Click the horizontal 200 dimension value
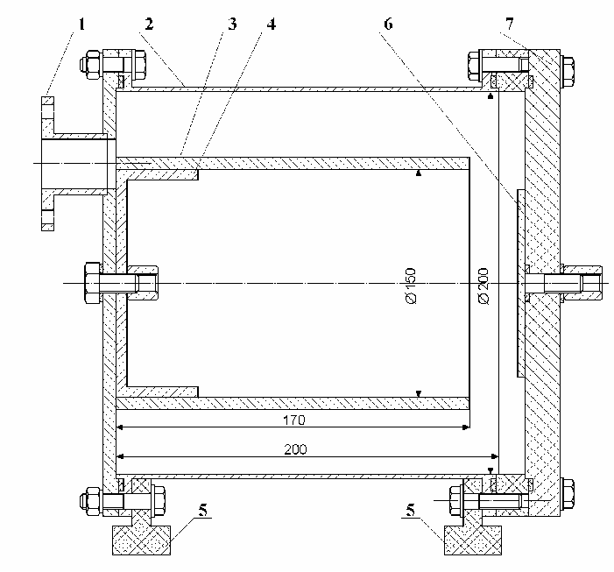[x=294, y=448]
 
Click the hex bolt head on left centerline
[x=89, y=283]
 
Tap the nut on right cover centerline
[x=593, y=283]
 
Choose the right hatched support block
[x=473, y=536]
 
